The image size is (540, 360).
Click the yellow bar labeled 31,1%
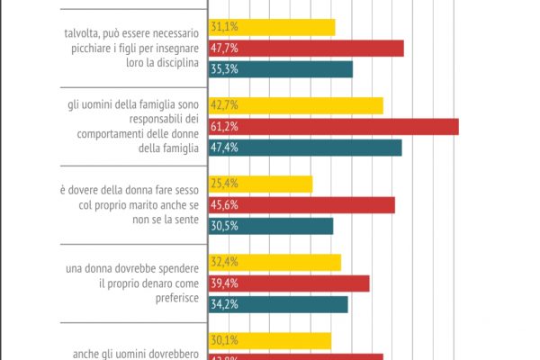coord(272,27)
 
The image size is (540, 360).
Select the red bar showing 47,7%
coord(306,48)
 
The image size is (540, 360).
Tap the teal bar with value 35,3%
coord(281,69)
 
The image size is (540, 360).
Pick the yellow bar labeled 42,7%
coord(296,105)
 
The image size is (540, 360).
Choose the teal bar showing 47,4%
coord(305,148)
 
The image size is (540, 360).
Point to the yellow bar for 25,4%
coord(260,184)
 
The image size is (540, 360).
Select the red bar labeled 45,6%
coord(301,205)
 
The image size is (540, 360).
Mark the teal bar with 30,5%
coord(271,226)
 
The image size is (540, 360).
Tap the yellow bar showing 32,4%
coord(274,262)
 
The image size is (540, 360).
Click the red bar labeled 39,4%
coord(289,283)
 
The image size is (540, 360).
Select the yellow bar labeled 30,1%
coord(270,340)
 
